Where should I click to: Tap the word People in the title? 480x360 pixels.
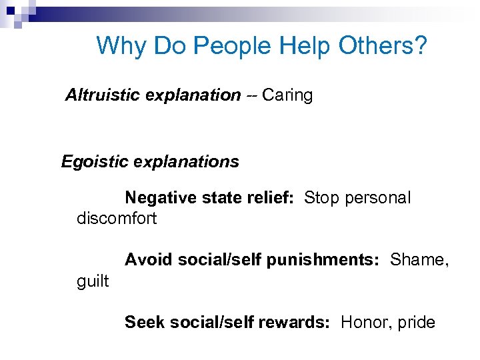click(x=233, y=46)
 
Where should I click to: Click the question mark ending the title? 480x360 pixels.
click(x=420, y=46)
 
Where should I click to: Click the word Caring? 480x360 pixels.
click(x=287, y=96)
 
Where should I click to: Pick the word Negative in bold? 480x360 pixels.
click(x=157, y=198)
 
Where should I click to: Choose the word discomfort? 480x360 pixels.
click(x=117, y=219)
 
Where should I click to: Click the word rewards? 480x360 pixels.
click(x=293, y=323)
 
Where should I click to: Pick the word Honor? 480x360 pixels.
click(x=363, y=323)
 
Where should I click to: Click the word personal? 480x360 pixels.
click(x=377, y=199)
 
